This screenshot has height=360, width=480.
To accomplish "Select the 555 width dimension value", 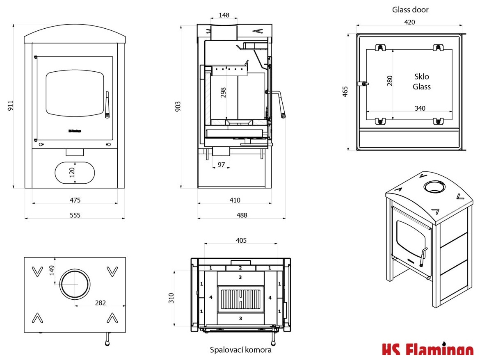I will point(75,215).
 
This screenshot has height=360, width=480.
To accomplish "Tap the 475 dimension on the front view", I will point(75,200).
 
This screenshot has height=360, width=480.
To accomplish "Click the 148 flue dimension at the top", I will point(224,15).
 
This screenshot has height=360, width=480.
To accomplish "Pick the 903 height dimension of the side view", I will point(178,106).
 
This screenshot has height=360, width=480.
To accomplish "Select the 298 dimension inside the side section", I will point(223,93).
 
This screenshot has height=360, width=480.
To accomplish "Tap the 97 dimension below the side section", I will point(222,164).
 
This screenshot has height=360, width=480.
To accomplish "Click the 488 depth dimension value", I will point(242,215).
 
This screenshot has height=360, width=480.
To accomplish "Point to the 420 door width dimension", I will point(409,22).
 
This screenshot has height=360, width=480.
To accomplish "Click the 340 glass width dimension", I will point(420,108).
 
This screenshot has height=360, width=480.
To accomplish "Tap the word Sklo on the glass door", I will point(422,77).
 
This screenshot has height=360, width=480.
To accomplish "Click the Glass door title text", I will point(410,9).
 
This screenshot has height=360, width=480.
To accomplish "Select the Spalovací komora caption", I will point(241,350).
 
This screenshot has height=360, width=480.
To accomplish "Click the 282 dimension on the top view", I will point(100,303).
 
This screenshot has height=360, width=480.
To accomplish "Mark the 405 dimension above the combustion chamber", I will point(241,240).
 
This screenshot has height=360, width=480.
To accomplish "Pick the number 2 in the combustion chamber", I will point(241,268).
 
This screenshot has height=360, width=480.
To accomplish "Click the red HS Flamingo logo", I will point(427,351).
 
